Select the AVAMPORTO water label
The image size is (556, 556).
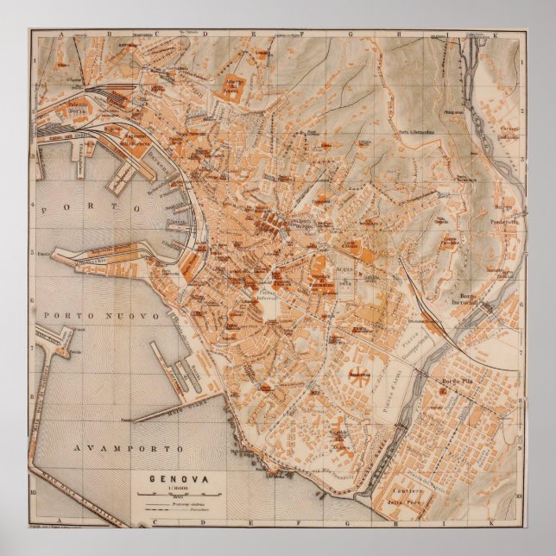pos(129,450)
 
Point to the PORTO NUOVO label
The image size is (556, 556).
pos(103,317)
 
